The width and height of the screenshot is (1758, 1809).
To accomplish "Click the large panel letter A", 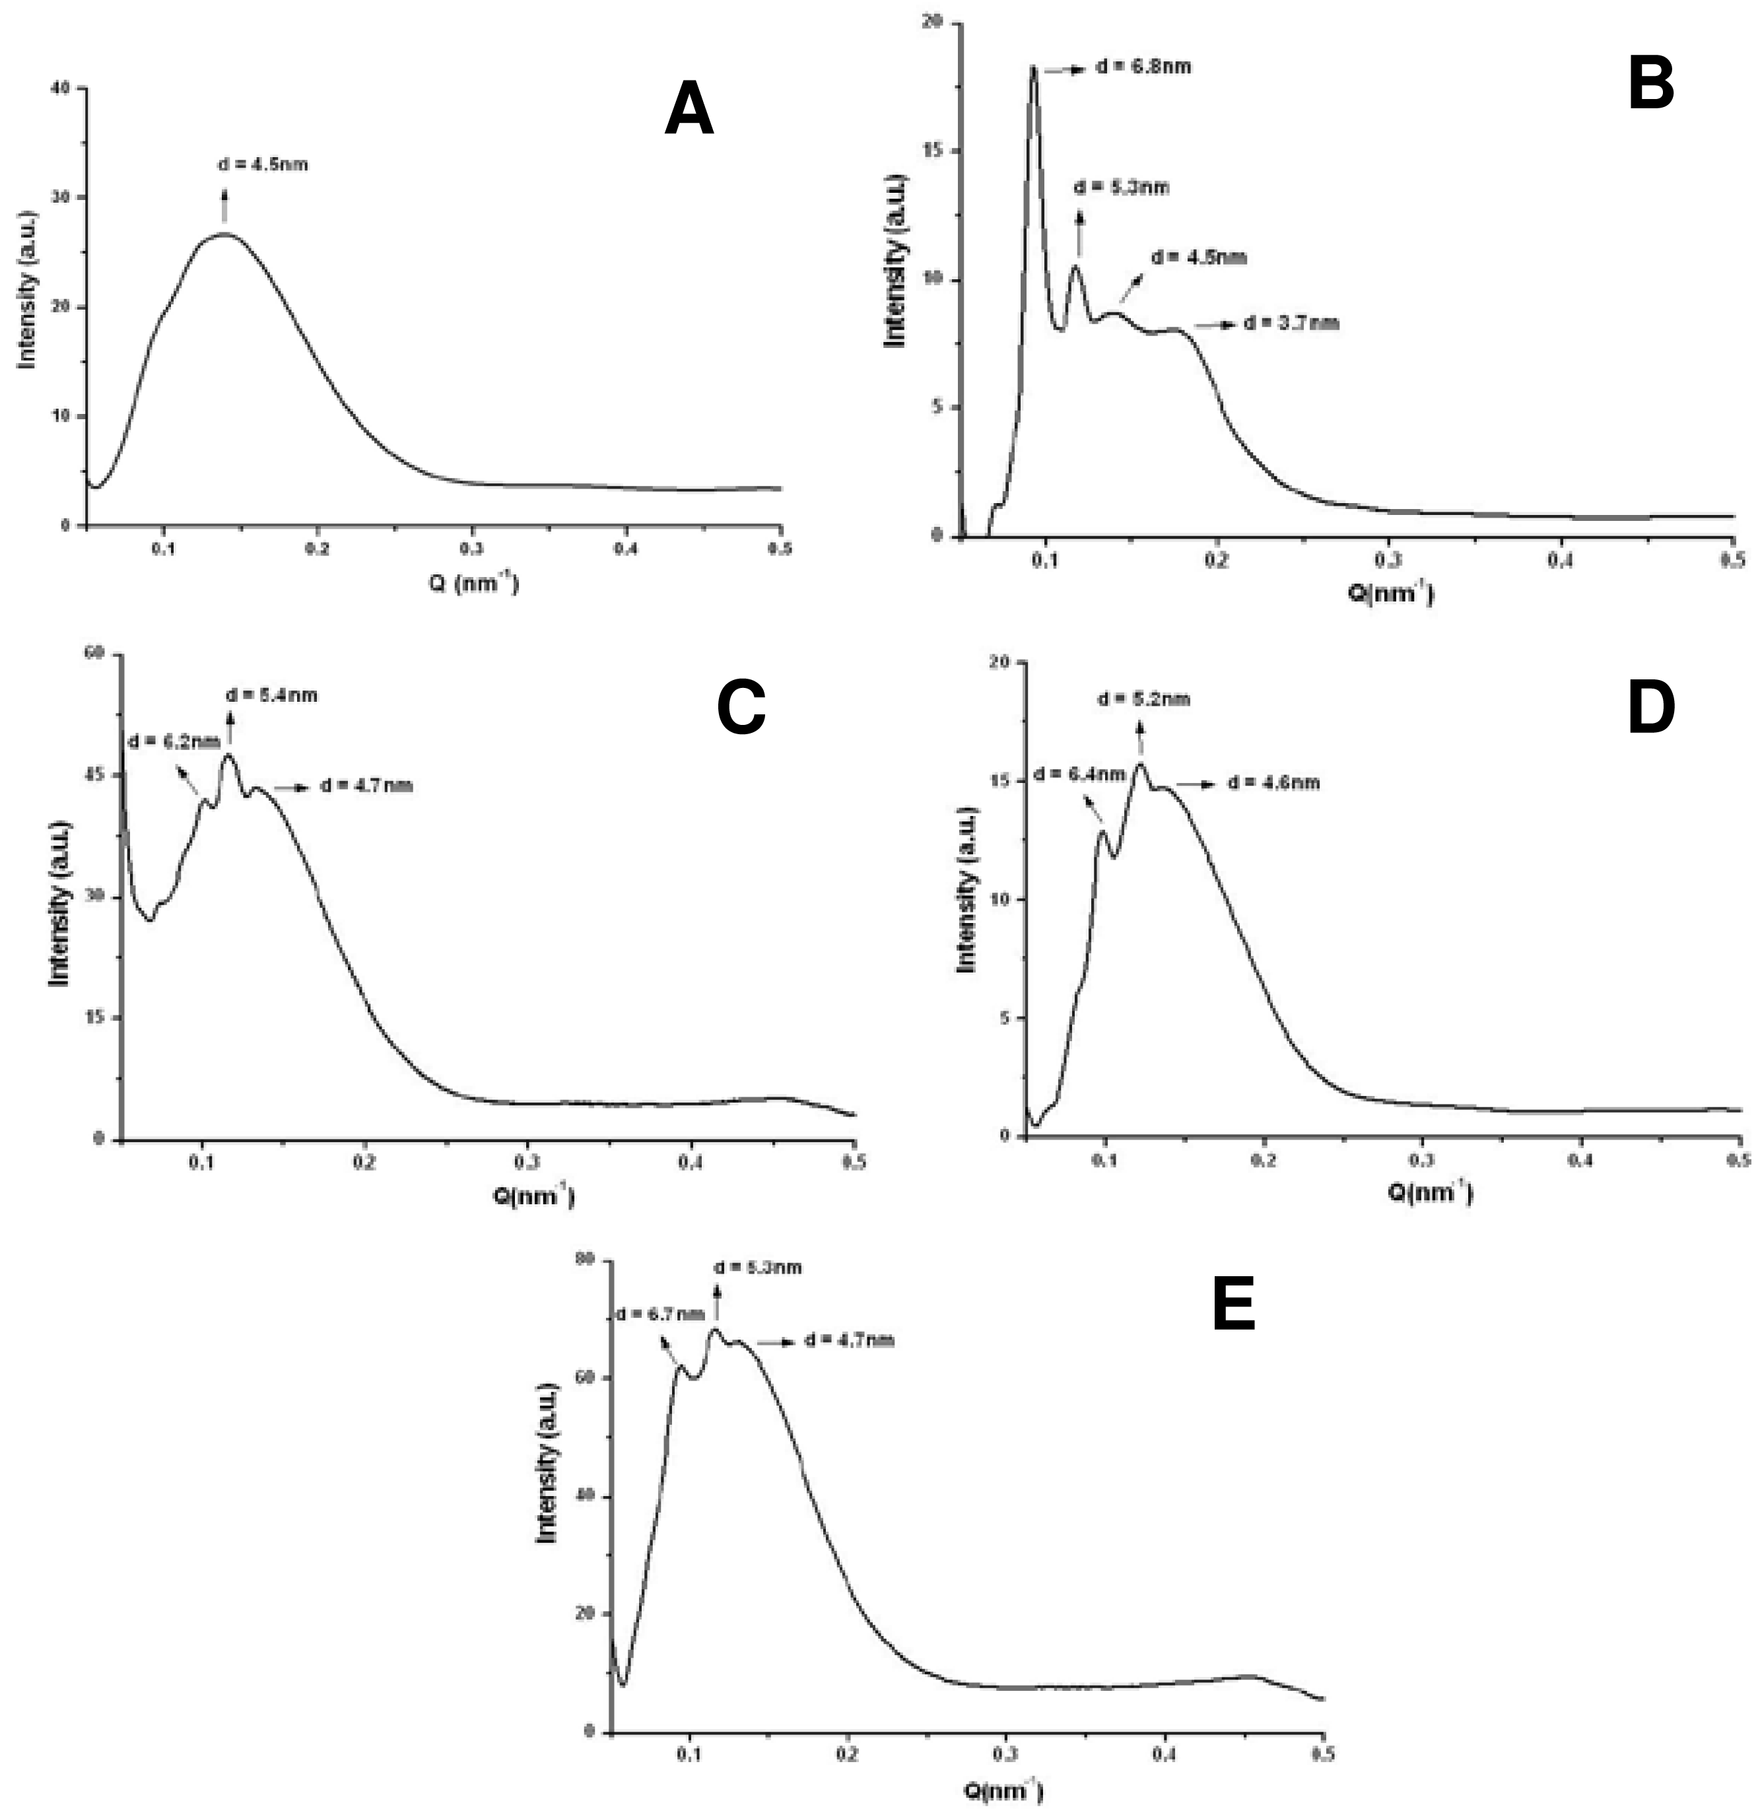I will point(689,110).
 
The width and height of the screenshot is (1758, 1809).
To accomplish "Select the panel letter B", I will point(1651,83).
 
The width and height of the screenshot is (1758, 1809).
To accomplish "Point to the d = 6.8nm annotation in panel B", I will point(1143,67).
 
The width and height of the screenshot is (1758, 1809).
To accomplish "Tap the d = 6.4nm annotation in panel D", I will point(1079,774).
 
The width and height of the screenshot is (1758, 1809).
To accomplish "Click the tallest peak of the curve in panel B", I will point(1033,67).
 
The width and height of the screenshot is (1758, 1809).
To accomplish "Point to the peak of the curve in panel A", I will point(224,234).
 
